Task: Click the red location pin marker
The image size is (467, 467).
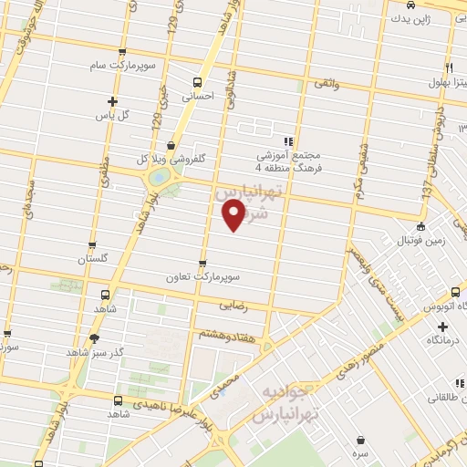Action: coord(233,215)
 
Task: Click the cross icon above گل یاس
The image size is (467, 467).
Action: coord(112,101)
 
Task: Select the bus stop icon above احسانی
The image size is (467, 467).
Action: coord(198,79)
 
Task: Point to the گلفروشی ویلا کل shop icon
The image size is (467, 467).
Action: coord(171,145)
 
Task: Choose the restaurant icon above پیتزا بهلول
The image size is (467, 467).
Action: coord(449,67)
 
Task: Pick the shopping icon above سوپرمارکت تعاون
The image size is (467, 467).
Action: coord(202,262)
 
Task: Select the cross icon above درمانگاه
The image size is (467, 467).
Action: coord(442,327)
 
